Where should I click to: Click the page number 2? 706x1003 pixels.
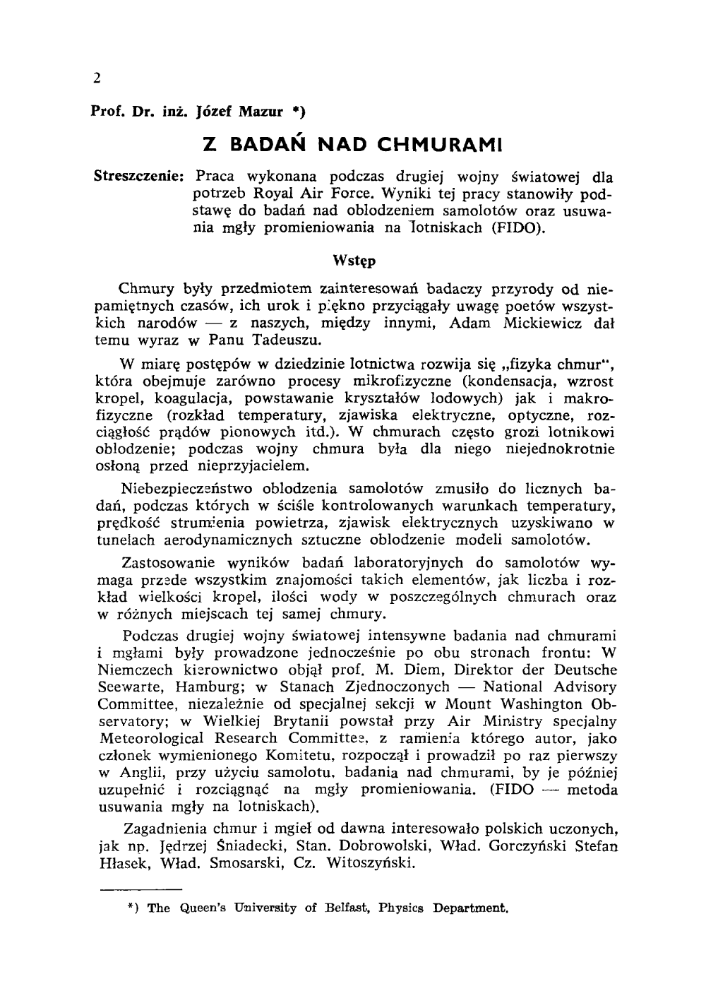tap(97, 78)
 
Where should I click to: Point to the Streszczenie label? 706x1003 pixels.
tap(139, 176)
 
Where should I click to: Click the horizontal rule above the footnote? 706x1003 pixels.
tap(140, 888)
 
